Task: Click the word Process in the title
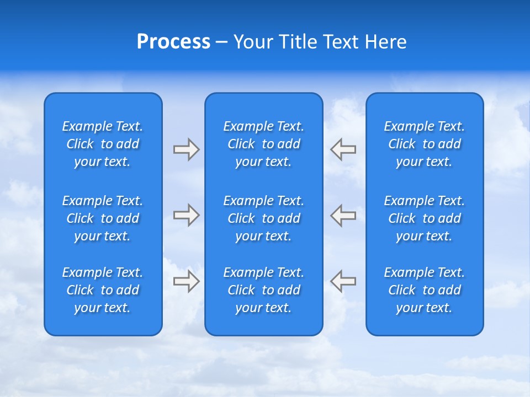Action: tap(173, 42)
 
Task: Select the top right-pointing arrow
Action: tap(186, 149)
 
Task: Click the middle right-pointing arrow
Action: tap(186, 215)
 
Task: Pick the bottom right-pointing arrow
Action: tap(186, 281)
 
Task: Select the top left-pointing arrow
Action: tap(343, 149)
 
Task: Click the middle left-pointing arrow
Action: tap(343, 215)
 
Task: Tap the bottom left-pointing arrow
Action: tap(343, 281)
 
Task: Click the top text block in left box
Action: tap(103, 144)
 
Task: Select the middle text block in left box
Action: tap(103, 218)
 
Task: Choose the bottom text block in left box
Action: tap(103, 290)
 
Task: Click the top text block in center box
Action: tap(264, 144)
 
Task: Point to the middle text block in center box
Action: tap(264, 218)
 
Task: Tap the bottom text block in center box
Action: tap(264, 290)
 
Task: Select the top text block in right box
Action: tap(425, 144)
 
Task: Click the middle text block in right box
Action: tap(425, 218)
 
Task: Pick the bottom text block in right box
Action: tap(425, 290)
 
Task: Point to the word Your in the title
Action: tap(251, 42)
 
